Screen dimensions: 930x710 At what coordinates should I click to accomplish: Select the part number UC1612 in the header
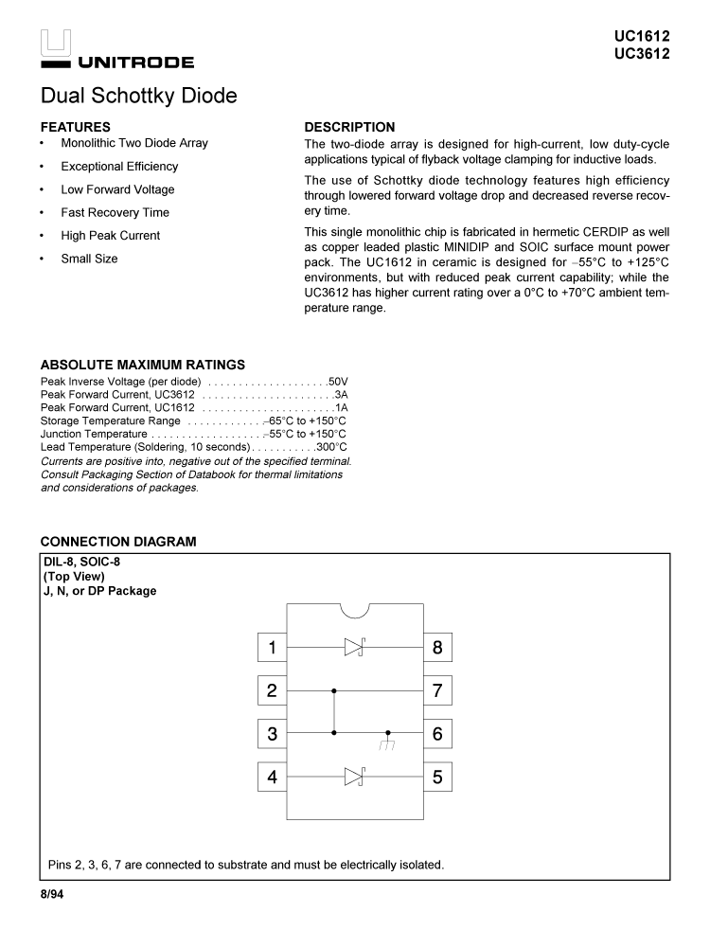tap(642, 37)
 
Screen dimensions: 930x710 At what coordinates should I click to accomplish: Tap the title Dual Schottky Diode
tap(138, 96)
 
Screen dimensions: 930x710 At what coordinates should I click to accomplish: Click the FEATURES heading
tap(75, 127)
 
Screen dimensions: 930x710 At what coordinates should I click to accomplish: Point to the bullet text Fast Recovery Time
tap(115, 212)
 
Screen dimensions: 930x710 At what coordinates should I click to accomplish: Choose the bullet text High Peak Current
tap(110, 236)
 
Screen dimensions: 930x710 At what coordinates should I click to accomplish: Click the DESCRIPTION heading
tap(349, 127)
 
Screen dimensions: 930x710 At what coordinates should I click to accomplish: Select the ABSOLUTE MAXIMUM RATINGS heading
tap(142, 365)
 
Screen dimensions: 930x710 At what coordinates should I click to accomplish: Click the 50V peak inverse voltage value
tap(338, 382)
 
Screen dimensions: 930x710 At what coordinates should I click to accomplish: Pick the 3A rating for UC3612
tap(341, 395)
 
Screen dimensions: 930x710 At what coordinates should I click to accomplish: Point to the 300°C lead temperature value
tap(331, 446)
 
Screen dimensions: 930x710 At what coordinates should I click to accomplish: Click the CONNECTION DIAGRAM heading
tap(118, 542)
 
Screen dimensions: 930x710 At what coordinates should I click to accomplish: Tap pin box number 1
tap(272, 648)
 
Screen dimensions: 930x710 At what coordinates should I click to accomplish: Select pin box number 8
tap(437, 648)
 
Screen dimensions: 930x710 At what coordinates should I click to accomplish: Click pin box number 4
tap(272, 777)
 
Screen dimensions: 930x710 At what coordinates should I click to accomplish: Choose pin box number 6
tap(437, 733)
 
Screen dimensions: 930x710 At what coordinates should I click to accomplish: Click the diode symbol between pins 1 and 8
tap(354, 648)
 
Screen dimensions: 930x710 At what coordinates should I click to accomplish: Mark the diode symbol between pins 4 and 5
tap(354, 777)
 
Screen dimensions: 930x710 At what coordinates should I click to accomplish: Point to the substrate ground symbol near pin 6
tap(387, 742)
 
